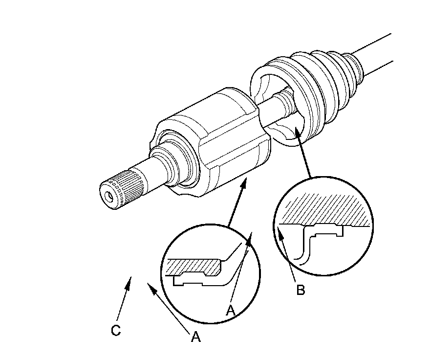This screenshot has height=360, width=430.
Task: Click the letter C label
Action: (x=116, y=330)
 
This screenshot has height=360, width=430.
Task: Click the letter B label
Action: (x=301, y=290)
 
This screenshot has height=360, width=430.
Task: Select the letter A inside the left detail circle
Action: (x=231, y=311)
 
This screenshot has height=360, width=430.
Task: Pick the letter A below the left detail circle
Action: (x=195, y=337)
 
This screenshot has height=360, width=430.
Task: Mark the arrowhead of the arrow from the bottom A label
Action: (x=151, y=288)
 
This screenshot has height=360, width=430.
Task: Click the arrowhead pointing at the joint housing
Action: (x=244, y=183)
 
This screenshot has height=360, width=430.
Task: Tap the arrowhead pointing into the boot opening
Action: (x=297, y=133)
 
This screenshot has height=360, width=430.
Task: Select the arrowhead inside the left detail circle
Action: (x=249, y=238)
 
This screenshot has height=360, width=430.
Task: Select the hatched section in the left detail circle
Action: (x=194, y=267)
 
